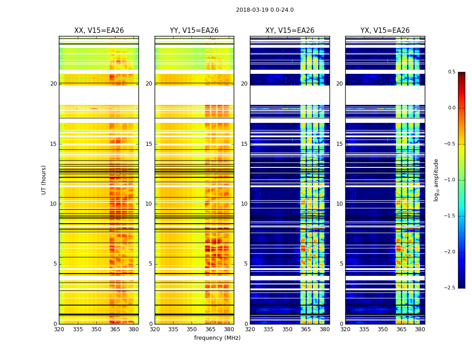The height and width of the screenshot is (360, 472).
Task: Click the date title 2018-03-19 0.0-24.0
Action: (265, 10)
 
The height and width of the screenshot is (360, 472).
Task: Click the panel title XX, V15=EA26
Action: (99, 31)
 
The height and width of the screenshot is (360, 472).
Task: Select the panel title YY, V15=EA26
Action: (194, 31)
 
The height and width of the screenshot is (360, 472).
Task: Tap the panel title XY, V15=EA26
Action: (289, 31)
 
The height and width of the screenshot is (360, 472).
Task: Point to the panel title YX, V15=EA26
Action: (385, 31)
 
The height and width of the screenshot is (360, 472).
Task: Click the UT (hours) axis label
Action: (44, 180)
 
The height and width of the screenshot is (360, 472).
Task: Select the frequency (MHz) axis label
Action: (217, 338)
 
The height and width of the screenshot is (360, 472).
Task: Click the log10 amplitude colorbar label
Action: (436, 180)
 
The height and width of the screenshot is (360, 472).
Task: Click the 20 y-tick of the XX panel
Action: (53, 84)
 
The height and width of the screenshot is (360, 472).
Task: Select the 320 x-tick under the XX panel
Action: (59, 329)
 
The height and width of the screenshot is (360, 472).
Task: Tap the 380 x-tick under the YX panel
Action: (420, 329)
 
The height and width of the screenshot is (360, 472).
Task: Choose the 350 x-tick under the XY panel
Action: (287, 329)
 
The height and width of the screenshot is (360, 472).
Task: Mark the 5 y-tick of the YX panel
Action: (342, 264)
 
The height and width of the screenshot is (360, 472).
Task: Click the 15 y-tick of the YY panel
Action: (149, 144)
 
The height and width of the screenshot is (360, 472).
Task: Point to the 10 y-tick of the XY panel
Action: (244, 204)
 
